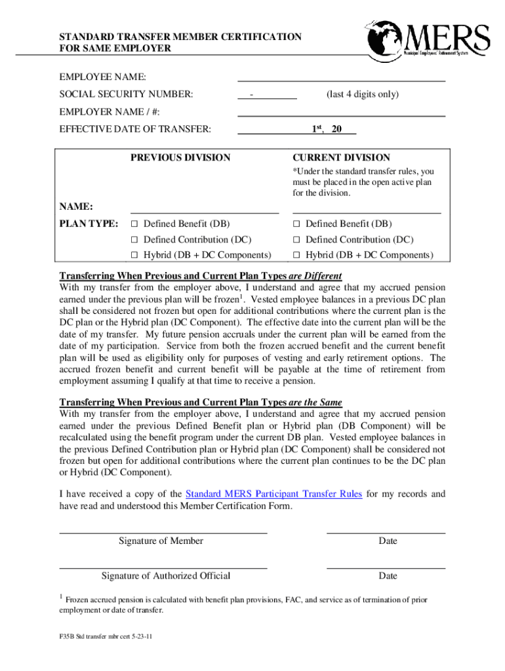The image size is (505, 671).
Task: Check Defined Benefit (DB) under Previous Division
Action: click(134, 224)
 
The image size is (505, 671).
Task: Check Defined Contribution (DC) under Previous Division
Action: click(134, 240)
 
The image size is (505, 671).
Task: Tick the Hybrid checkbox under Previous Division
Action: click(134, 255)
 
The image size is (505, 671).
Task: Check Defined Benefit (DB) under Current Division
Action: click(296, 224)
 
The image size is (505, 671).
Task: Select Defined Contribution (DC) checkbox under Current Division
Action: click(296, 240)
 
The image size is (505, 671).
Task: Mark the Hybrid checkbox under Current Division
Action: click(296, 255)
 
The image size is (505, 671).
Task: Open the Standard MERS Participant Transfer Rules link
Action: click(273, 494)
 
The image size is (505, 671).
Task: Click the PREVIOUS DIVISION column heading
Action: click(180, 157)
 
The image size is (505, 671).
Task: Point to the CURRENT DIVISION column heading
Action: click(341, 157)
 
